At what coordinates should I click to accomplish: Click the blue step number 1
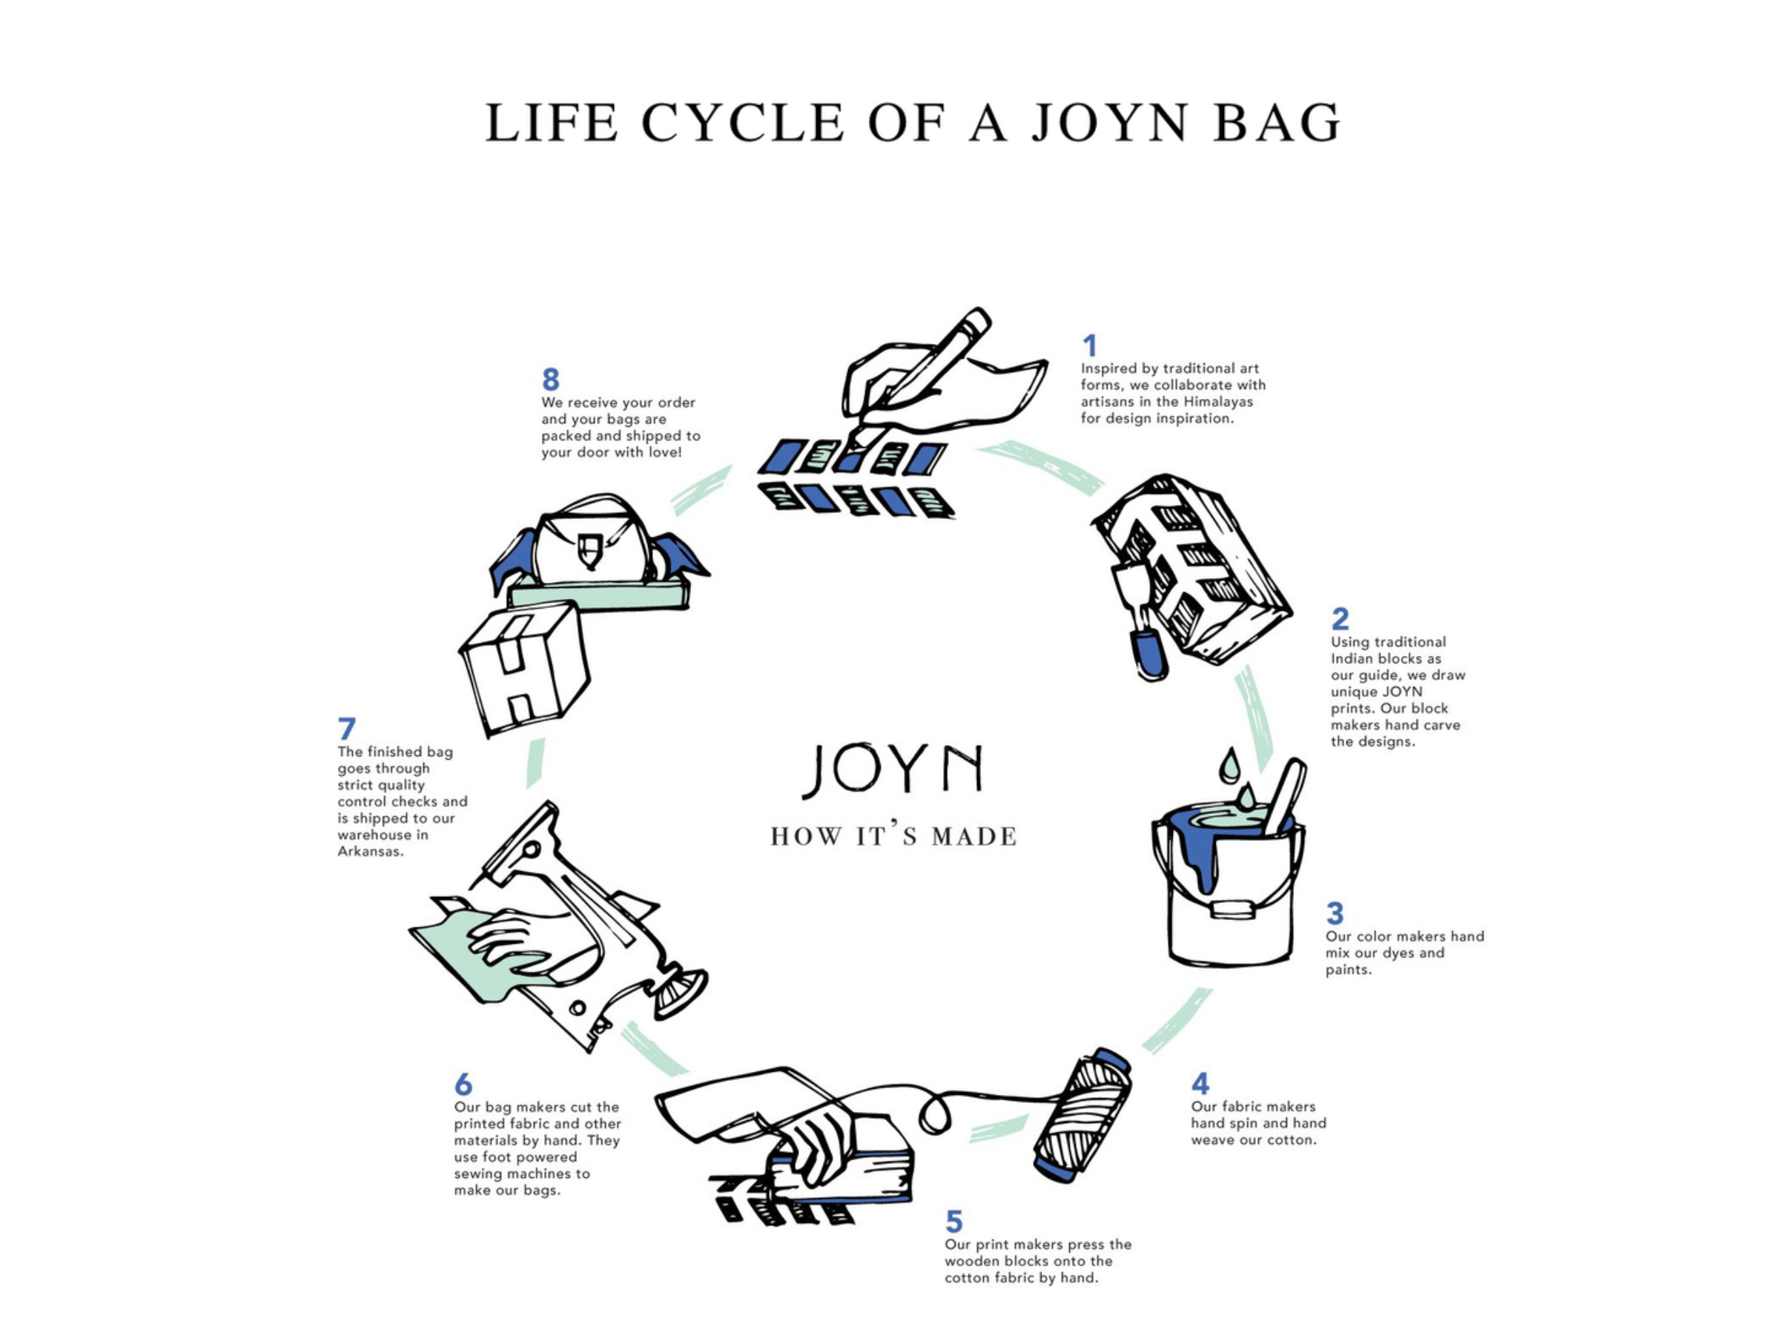coord(1089,345)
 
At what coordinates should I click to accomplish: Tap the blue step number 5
coord(953,1221)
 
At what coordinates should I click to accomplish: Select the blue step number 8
coord(550,379)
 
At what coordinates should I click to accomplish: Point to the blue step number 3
coord(1335,913)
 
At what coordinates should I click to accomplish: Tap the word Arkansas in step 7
coord(369,852)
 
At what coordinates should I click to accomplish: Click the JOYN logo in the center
coord(893,769)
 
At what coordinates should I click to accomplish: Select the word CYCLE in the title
coord(742,123)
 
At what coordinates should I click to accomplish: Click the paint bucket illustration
coord(1229,895)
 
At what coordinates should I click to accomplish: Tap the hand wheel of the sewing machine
coord(680,993)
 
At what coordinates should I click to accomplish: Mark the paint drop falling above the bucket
coord(1230,766)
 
